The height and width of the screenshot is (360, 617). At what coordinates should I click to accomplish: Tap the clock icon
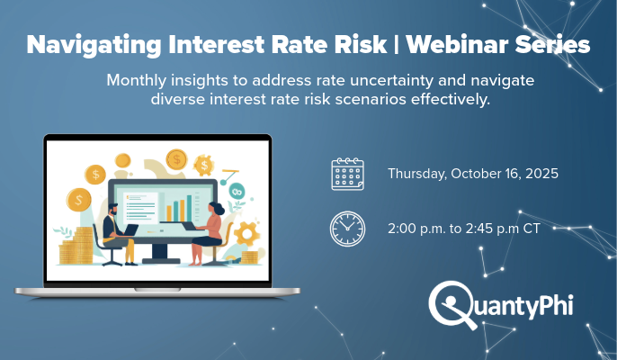pyautogui.click(x=347, y=229)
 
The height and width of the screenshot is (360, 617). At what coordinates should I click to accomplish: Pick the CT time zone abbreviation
pyautogui.click(x=532, y=229)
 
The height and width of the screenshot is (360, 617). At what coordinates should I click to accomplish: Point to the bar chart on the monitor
pyautogui.click(x=185, y=206)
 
